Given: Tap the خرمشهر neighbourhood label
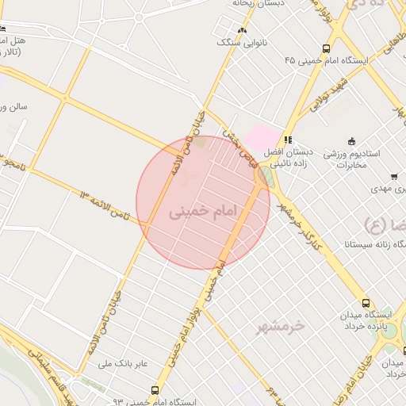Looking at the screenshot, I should [x=281, y=326].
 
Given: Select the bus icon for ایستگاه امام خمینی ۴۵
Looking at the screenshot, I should [x=326, y=48].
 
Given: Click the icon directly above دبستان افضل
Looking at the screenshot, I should [x=289, y=140].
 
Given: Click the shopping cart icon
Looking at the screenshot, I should [x=394, y=177].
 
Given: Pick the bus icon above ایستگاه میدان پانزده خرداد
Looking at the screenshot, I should [x=366, y=302].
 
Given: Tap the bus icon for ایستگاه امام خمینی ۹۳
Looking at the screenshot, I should [x=155, y=390].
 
